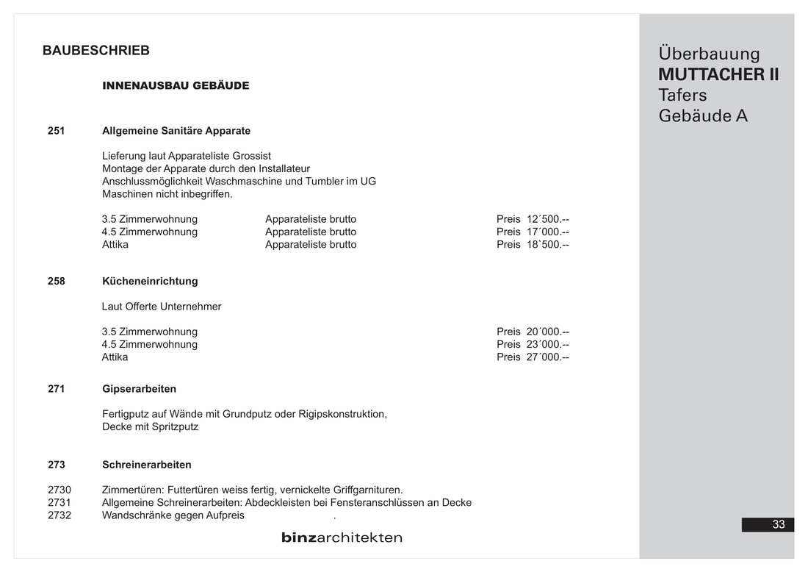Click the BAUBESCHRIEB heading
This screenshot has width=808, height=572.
(96, 51)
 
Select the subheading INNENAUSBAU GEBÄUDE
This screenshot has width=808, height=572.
(176, 85)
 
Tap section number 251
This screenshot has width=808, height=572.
(57, 131)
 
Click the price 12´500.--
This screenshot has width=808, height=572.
(548, 219)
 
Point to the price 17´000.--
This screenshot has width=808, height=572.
(548, 232)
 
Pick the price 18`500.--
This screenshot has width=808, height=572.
(548, 244)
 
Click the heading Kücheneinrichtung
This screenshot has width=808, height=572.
(150, 281)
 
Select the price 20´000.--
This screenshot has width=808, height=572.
(548, 332)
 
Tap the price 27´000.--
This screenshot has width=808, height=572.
(548, 357)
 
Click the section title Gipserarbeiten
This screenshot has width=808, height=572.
(139, 389)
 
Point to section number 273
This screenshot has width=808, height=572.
(57, 465)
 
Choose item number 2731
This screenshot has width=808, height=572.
(59, 503)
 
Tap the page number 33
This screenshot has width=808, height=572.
(779, 524)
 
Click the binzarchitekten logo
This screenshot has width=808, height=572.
(342, 537)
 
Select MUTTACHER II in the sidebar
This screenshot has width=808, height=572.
(718, 75)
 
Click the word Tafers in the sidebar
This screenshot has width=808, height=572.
(682, 96)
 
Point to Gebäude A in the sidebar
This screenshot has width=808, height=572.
(703, 116)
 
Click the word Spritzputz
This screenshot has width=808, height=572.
(175, 426)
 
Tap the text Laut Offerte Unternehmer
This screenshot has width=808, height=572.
(162, 307)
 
